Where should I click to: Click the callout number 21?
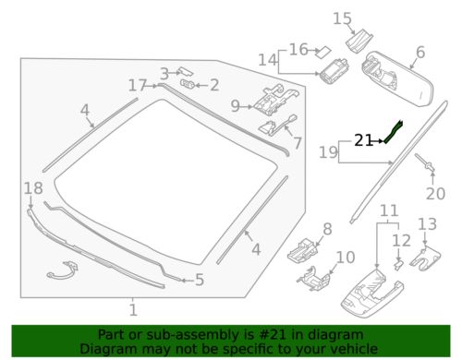click(x=363, y=141)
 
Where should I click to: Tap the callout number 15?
click(x=342, y=18)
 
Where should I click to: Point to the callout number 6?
click(x=419, y=53)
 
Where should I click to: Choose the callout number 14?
click(x=267, y=60)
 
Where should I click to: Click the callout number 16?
click(x=298, y=49)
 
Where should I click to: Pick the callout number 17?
click(x=138, y=85)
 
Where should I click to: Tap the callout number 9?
click(x=235, y=105)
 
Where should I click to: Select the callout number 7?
click(x=298, y=143)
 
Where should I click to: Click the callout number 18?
click(x=32, y=188)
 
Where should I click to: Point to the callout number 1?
click(x=133, y=309)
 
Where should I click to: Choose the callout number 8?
click(x=326, y=228)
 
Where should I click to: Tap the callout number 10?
click(x=344, y=257)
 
